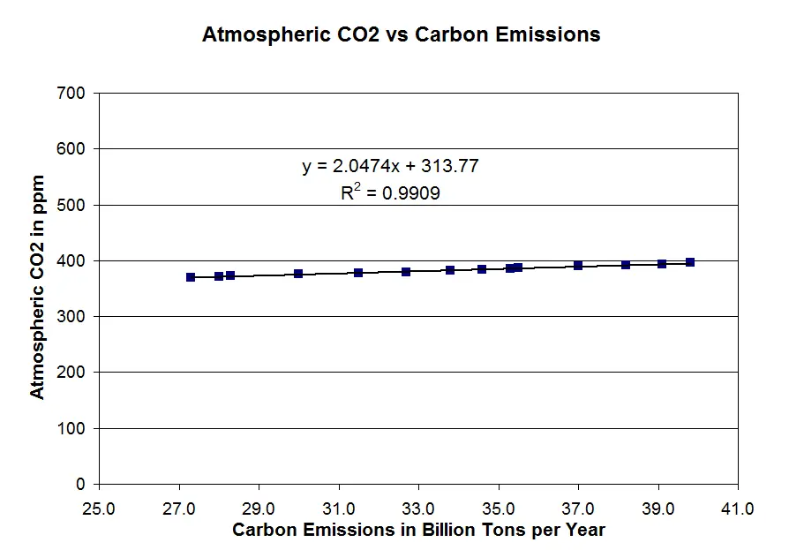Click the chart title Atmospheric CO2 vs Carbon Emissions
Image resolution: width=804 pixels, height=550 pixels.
[x=401, y=35]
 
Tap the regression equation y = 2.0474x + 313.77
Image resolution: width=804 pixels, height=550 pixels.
[x=390, y=166]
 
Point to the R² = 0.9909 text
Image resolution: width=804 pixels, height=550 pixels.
[x=390, y=192]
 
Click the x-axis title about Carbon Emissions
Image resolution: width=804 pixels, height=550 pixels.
[x=418, y=530]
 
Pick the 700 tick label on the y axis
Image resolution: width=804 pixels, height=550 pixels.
[x=73, y=93]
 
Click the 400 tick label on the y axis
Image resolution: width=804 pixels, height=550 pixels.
[x=73, y=260]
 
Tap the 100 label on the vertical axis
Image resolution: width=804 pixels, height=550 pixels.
[x=73, y=428]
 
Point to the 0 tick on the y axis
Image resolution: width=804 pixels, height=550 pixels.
[x=80, y=484]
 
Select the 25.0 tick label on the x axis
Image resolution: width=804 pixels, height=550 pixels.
[x=99, y=509]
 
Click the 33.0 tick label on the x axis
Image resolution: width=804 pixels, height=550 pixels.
[x=418, y=509]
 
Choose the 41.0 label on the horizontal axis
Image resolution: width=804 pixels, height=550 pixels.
[x=738, y=509]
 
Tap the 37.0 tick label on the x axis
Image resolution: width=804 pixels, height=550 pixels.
[x=578, y=509]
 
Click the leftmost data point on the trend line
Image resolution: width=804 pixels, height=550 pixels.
[x=191, y=277]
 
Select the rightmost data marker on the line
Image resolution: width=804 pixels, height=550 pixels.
[x=690, y=262]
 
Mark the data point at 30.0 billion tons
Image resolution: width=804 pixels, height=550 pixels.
[x=298, y=274]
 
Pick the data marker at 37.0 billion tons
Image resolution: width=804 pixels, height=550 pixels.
[x=578, y=265]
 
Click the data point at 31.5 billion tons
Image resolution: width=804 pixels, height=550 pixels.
[x=358, y=273]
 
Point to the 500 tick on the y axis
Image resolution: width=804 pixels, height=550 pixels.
[x=73, y=205]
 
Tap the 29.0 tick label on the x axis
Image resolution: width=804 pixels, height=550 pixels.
[x=259, y=509]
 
